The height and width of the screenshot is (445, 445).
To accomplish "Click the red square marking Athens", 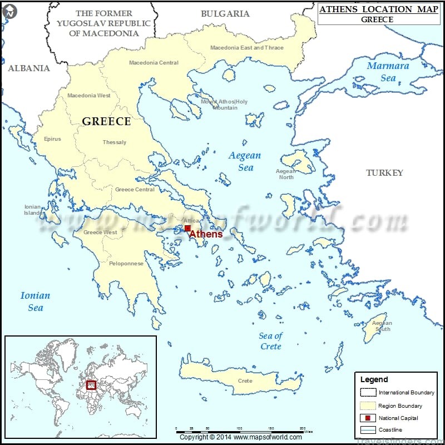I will (x=188, y=228).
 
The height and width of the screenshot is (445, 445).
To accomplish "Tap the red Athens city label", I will (x=206, y=234).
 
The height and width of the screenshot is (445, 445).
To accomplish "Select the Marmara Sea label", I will (x=388, y=72).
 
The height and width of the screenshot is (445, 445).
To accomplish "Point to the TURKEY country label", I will (x=384, y=173).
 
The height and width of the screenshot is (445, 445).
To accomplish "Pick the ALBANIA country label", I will (x=29, y=68).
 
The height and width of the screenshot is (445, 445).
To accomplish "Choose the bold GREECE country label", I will (x=106, y=121).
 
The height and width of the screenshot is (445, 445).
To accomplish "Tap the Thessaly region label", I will (x=115, y=142).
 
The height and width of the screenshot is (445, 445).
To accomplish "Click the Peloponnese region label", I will (x=126, y=264).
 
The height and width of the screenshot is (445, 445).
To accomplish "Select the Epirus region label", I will (x=52, y=139).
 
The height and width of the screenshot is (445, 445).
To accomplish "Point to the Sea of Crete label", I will (x=271, y=341).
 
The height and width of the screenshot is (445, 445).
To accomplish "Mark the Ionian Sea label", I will (x=35, y=301).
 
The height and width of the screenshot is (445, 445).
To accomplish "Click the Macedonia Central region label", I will (x=154, y=63).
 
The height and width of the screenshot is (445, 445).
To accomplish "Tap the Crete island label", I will (x=245, y=381).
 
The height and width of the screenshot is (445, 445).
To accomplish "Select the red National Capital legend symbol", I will (x=368, y=418).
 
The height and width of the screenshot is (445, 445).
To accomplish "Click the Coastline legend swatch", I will (x=368, y=430).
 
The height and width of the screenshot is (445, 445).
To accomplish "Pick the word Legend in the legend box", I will (x=374, y=379).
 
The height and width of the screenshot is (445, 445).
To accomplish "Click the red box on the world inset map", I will (x=91, y=384).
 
